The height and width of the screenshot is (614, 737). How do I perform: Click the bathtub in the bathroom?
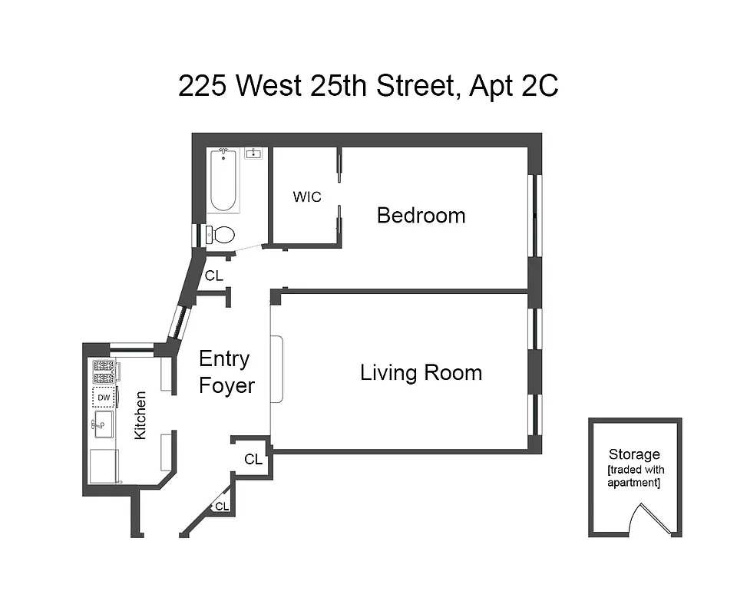click(224, 180)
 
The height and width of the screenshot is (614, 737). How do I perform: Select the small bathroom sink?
click(253, 153)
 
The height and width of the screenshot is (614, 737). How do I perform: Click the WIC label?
click(306, 196)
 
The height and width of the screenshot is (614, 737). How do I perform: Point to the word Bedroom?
click(421, 216)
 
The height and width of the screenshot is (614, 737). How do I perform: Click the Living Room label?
click(421, 373)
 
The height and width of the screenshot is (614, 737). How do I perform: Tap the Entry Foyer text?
click(226, 372)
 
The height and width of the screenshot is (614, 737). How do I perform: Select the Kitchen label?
click(140, 415)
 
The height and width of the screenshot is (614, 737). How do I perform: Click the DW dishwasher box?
click(103, 397)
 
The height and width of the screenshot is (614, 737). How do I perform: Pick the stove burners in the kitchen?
click(103, 371)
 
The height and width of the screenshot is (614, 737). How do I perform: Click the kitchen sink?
click(104, 424)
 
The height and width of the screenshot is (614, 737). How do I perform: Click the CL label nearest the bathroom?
click(213, 276)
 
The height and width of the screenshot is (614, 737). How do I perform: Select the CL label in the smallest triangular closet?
click(222, 507)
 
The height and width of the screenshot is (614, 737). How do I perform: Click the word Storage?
click(634, 454)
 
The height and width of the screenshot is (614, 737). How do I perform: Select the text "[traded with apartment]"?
click(634, 476)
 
